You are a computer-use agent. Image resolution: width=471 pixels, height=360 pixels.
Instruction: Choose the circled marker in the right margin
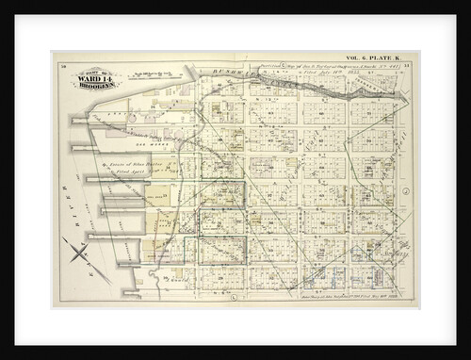404,191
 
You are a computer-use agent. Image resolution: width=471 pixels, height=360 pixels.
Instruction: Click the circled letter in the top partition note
256,66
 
